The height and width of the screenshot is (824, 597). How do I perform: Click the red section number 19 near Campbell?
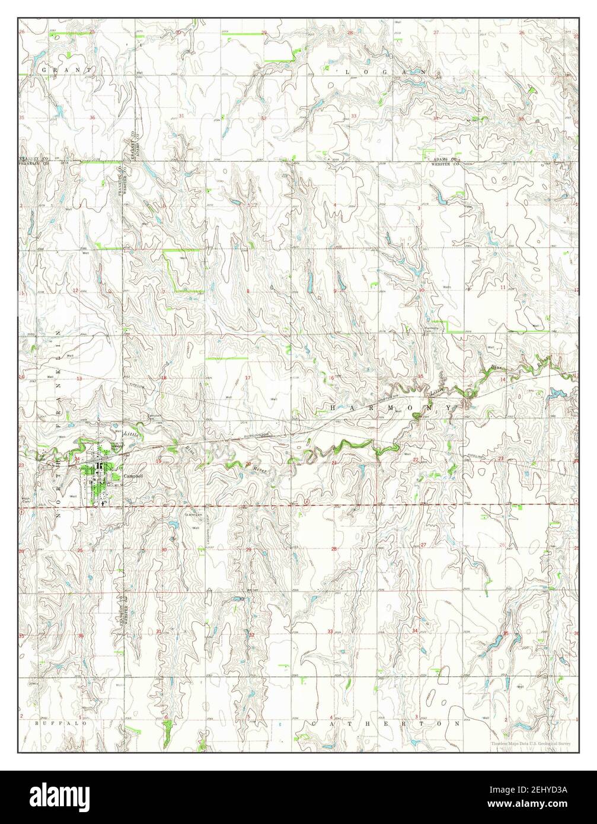tap(158, 461)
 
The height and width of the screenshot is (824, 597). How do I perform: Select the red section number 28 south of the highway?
tap(334, 550)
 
